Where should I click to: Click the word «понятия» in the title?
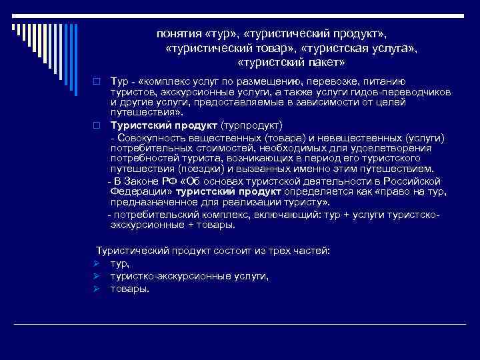click(x=178, y=32)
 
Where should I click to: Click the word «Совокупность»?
click(x=149, y=137)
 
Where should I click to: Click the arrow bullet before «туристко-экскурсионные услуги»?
click(x=97, y=276)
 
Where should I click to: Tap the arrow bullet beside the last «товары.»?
click(x=97, y=289)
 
